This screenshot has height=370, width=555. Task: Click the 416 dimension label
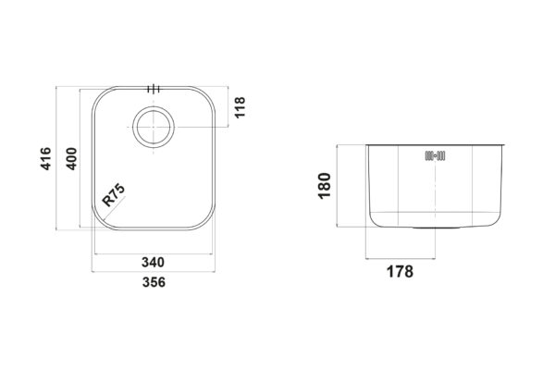[46, 158]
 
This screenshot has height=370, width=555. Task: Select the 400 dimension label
[71, 158]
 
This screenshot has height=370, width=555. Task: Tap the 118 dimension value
[240, 107]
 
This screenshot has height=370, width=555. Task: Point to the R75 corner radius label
[114, 195]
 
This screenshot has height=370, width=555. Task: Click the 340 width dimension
[153, 263]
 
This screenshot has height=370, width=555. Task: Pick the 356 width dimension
[154, 282]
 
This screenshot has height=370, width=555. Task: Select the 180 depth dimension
[325, 186]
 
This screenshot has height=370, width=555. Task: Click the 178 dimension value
[400, 272]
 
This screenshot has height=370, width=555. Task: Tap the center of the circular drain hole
[154, 127]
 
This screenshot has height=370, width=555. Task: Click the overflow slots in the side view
[435, 155]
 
